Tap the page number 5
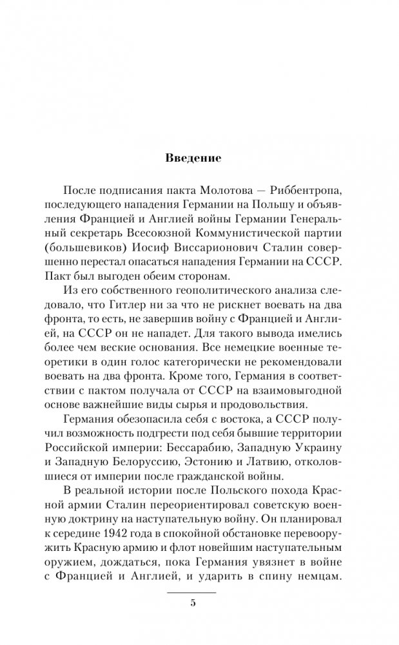[x=193, y=604]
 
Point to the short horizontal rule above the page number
[x=193, y=590]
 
